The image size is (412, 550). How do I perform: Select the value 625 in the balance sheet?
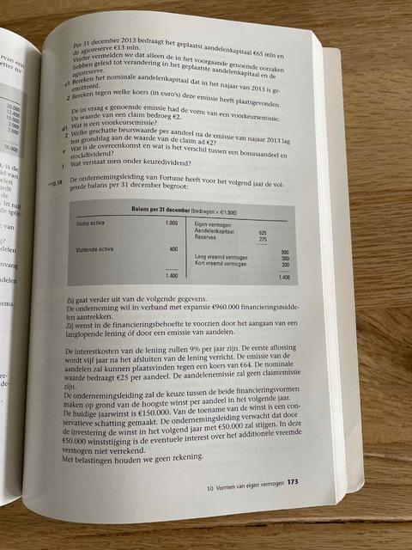click(x=264, y=231)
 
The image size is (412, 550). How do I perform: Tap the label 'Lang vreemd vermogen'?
click(x=223, y=257)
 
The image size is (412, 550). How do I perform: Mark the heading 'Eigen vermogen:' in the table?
click(x=215, y=223)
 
